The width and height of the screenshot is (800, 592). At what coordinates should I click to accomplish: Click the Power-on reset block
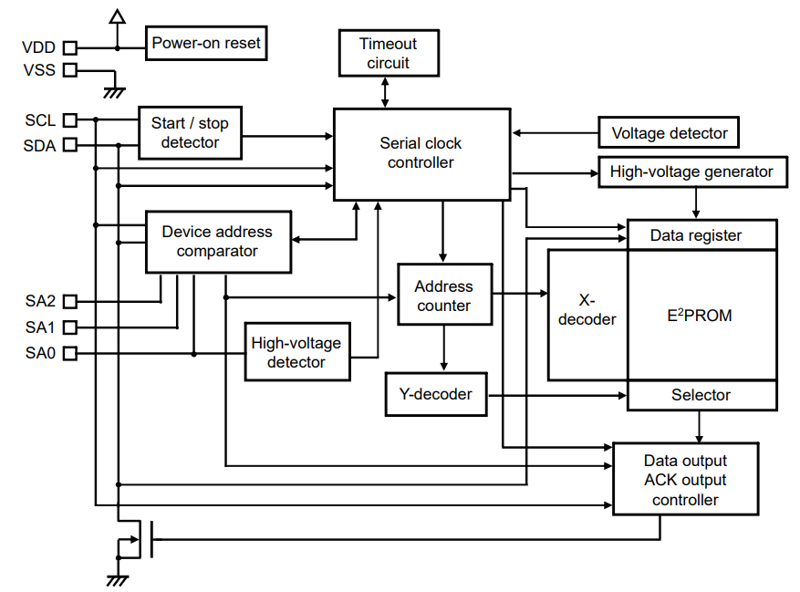205,43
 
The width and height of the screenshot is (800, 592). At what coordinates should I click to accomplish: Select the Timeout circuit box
388,54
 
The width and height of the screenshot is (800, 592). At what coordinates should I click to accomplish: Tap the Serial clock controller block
421,153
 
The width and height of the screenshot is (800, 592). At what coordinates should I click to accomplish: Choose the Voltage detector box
669,133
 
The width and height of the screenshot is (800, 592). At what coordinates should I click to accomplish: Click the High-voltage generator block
691,171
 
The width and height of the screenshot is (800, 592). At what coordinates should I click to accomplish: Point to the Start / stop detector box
190,133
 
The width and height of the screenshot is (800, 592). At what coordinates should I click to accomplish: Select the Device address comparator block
218,241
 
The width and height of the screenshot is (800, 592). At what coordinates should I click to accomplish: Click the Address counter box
443,296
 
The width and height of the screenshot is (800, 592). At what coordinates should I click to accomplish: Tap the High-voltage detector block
296,352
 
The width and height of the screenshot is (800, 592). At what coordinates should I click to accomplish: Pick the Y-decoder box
436,394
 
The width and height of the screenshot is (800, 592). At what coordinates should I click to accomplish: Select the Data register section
701,235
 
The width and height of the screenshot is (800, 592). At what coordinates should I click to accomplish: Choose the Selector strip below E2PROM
701,395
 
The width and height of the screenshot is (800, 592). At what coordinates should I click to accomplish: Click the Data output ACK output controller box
684,480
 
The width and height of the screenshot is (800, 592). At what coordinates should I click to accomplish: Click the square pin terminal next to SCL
70,119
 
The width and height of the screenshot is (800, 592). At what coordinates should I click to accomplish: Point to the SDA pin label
40,144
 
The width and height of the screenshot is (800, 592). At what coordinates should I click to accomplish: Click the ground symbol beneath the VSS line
115,90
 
